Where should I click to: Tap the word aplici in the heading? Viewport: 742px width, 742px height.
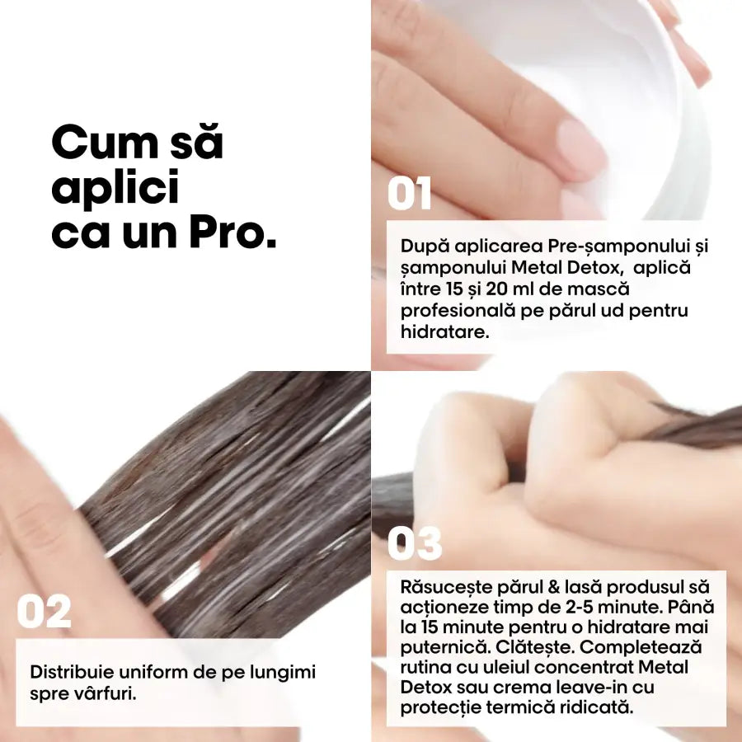(115, 189)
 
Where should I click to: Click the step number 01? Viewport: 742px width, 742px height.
(410, 194)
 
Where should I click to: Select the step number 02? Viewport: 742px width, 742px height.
(44, 613)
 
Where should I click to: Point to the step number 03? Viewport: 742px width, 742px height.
(415, 544)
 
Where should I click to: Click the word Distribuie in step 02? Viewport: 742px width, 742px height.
(69, 672)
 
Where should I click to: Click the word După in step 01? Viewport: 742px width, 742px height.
(421, 247)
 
